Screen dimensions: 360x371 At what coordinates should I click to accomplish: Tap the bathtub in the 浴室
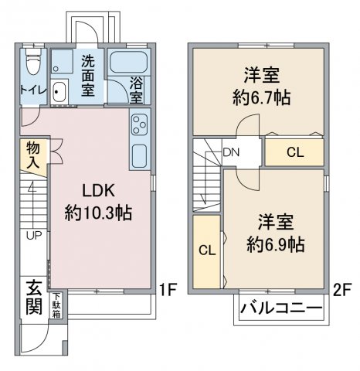click(129, 63)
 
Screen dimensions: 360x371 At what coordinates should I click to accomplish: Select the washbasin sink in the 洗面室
click(59, 92)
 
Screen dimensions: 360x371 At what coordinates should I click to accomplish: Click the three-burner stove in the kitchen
click(140, 124)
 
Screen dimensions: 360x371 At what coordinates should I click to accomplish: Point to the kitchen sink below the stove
click(140, 156)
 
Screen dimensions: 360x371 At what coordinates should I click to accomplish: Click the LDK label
click(98, 191)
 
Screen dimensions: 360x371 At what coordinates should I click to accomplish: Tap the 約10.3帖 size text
click(98, 213)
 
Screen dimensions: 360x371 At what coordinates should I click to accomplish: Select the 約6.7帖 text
click(262, 97)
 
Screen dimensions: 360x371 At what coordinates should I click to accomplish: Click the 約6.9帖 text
click(276, 244)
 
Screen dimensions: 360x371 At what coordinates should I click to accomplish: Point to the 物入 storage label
click(33, 155)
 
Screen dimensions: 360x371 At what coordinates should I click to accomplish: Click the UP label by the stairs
click(34, 235)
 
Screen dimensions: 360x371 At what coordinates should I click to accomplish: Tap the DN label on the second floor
click(231, 152)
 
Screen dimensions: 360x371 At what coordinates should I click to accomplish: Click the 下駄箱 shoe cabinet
click(57, 305)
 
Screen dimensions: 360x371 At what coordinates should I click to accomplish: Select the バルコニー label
click(281, 308)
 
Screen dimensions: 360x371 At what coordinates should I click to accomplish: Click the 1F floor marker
click(168, 289)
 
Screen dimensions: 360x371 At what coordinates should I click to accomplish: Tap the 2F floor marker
click(342, 291)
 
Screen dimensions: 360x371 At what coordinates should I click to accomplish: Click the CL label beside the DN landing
click(295, 152)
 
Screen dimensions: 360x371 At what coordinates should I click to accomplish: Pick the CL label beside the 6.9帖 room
click(207, 250)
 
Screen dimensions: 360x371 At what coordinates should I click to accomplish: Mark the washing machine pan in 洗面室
click(62, 62)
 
